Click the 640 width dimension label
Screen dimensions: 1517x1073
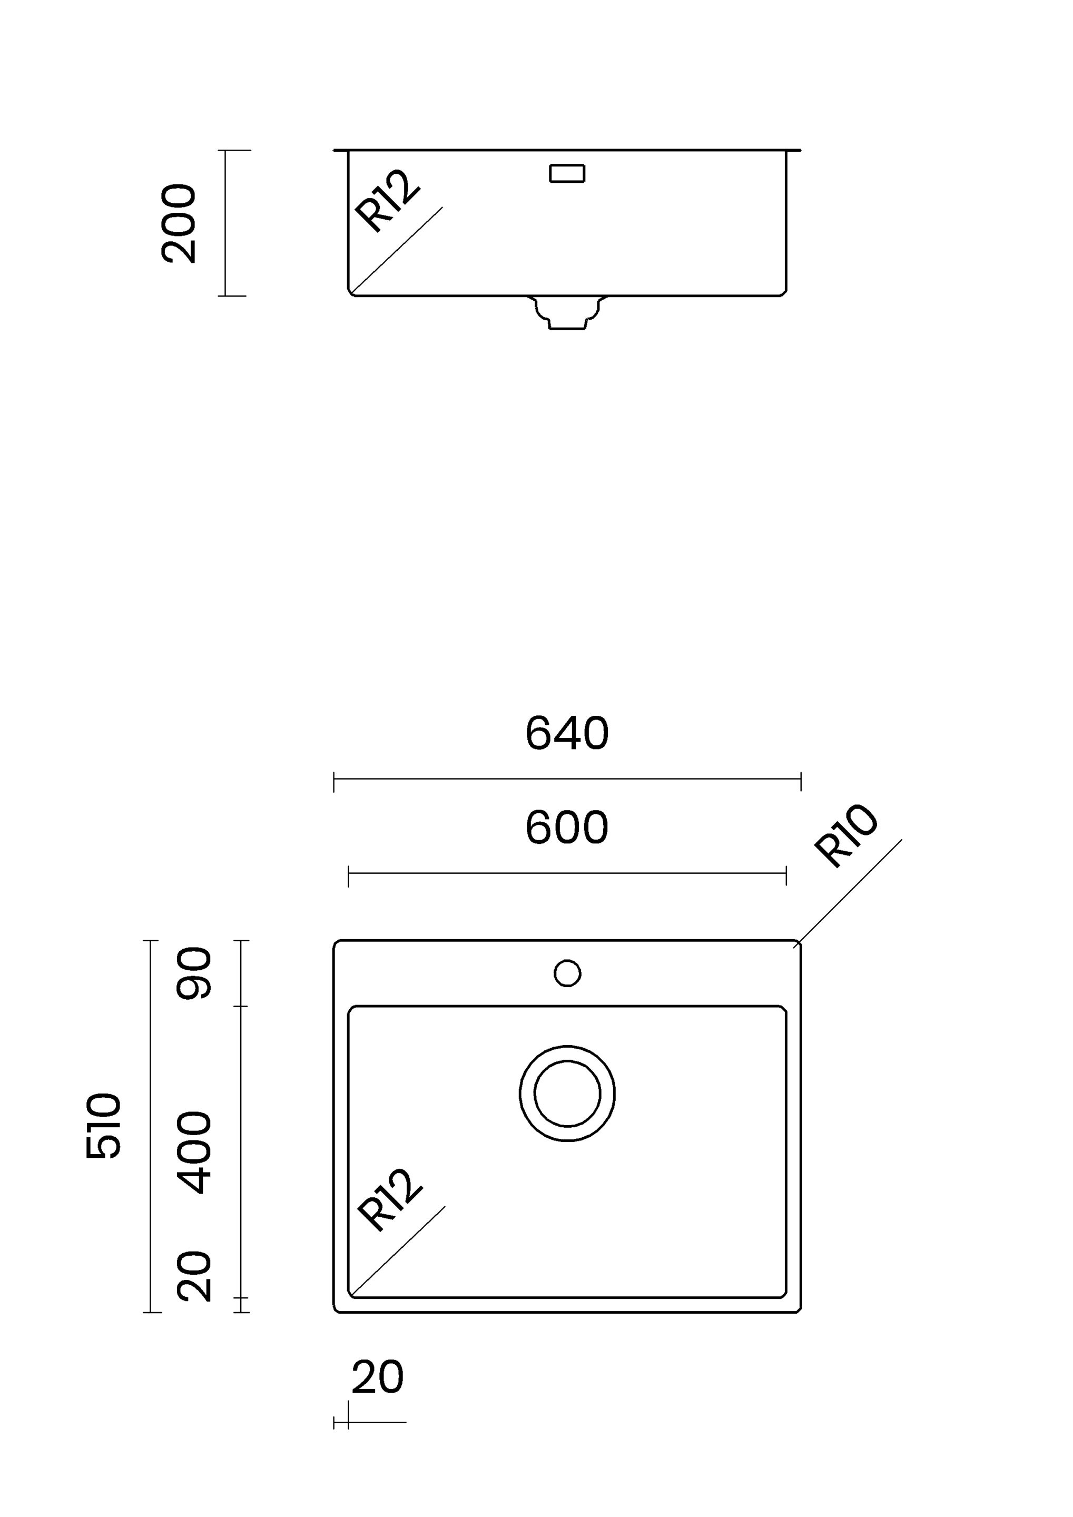(567, 733)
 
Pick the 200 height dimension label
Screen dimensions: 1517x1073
(179, 223)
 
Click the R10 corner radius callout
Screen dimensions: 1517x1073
(846, 835)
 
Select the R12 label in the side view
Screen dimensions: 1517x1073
(387, 201)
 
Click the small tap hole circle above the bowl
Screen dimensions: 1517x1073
(567, 973)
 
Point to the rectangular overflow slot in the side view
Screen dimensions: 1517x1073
(567, 173)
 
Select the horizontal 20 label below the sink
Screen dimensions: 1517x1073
(377, 1377)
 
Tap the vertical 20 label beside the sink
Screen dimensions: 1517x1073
(195, 1276)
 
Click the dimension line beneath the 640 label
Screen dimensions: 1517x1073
(567, 780)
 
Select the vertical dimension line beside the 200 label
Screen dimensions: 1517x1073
(225, 223)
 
